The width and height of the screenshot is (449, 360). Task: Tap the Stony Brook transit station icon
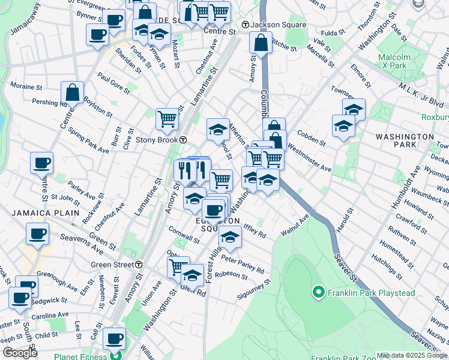click(x=183, y=140)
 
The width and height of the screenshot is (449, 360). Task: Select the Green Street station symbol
click(x=139, y=265)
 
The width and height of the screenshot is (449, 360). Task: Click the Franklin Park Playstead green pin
click(x=319, y=293)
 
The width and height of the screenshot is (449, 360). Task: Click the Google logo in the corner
click(x=20, y=353)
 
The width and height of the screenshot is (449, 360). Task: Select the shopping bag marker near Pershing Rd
click(x=72, y=93)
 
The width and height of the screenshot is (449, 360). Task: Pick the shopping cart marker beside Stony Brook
click(x=166, y=118)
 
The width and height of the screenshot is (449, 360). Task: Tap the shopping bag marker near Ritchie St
click(x=261, y=43)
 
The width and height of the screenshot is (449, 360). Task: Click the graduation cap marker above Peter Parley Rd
click(x=229, y=238)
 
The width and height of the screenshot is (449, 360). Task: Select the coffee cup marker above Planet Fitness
click(x=114, y=338)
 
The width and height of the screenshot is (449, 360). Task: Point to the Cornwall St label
click(x=184, y=238)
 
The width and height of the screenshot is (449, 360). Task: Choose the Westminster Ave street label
click(x=310, y=157)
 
